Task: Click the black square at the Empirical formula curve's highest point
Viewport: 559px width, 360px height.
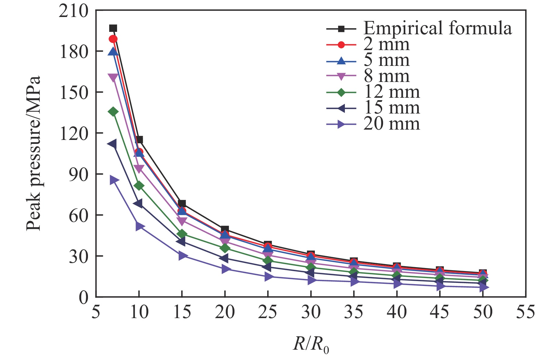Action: tap(113, 28)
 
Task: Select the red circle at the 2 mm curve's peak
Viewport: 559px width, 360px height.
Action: tap(113, 39)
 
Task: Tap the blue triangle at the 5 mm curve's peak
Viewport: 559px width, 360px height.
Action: tap(113, 52)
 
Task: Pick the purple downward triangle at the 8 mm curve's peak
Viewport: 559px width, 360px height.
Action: tap(113, 77)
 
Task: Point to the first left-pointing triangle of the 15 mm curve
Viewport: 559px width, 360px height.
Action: tap(112, 144)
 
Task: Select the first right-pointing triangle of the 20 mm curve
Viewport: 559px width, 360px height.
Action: tap(114, 180)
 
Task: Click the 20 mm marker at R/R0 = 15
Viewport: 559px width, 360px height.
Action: tap(183, 255)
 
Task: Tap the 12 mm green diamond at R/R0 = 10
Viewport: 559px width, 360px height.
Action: tap(139, 186)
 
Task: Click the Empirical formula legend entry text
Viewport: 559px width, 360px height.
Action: tap(437, 28)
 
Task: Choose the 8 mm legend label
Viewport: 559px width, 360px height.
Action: tap(386, 76)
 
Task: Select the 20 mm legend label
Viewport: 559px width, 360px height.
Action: tap(392, 124)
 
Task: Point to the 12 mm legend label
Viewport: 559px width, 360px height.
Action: tap(392, 92)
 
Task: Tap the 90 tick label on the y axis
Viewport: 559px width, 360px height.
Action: tap(78, 174)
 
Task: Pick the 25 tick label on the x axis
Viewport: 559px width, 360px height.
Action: tap(268, 312)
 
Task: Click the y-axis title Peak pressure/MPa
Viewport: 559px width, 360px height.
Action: tap(33, 153)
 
